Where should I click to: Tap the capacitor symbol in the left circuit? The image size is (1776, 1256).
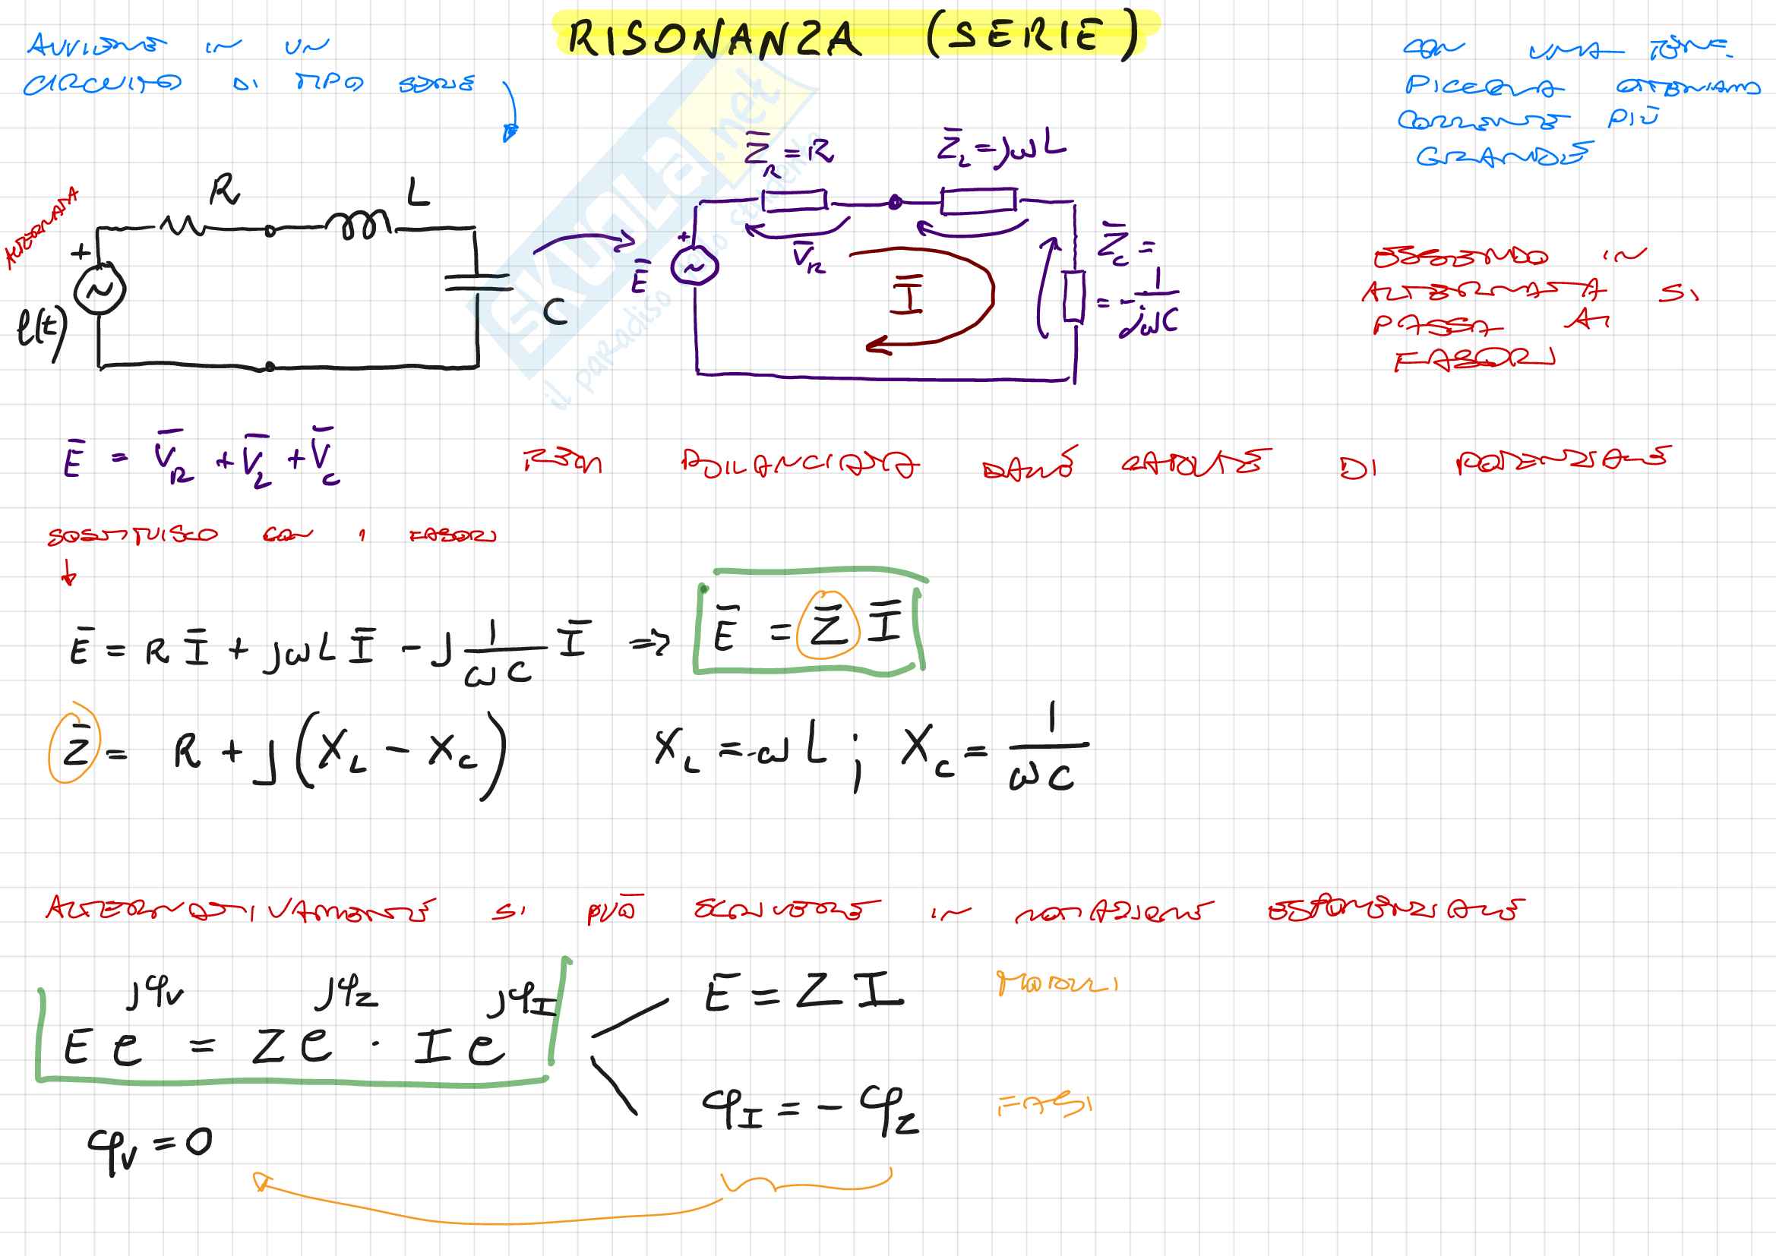point(478,282)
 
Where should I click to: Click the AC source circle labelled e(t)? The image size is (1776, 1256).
point(100,289)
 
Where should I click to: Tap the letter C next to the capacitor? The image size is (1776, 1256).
point(555,311)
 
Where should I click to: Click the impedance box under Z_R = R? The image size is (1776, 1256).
point(795,201)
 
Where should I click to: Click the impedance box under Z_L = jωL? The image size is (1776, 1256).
point(978,201)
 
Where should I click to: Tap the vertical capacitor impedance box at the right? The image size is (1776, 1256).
point(1073,295)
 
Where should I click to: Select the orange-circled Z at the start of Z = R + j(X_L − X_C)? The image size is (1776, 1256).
point(75,743)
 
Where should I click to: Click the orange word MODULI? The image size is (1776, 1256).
point(1057,983)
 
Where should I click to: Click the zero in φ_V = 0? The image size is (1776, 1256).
point(198,1141)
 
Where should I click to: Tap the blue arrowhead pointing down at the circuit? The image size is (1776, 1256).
point(509,133)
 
